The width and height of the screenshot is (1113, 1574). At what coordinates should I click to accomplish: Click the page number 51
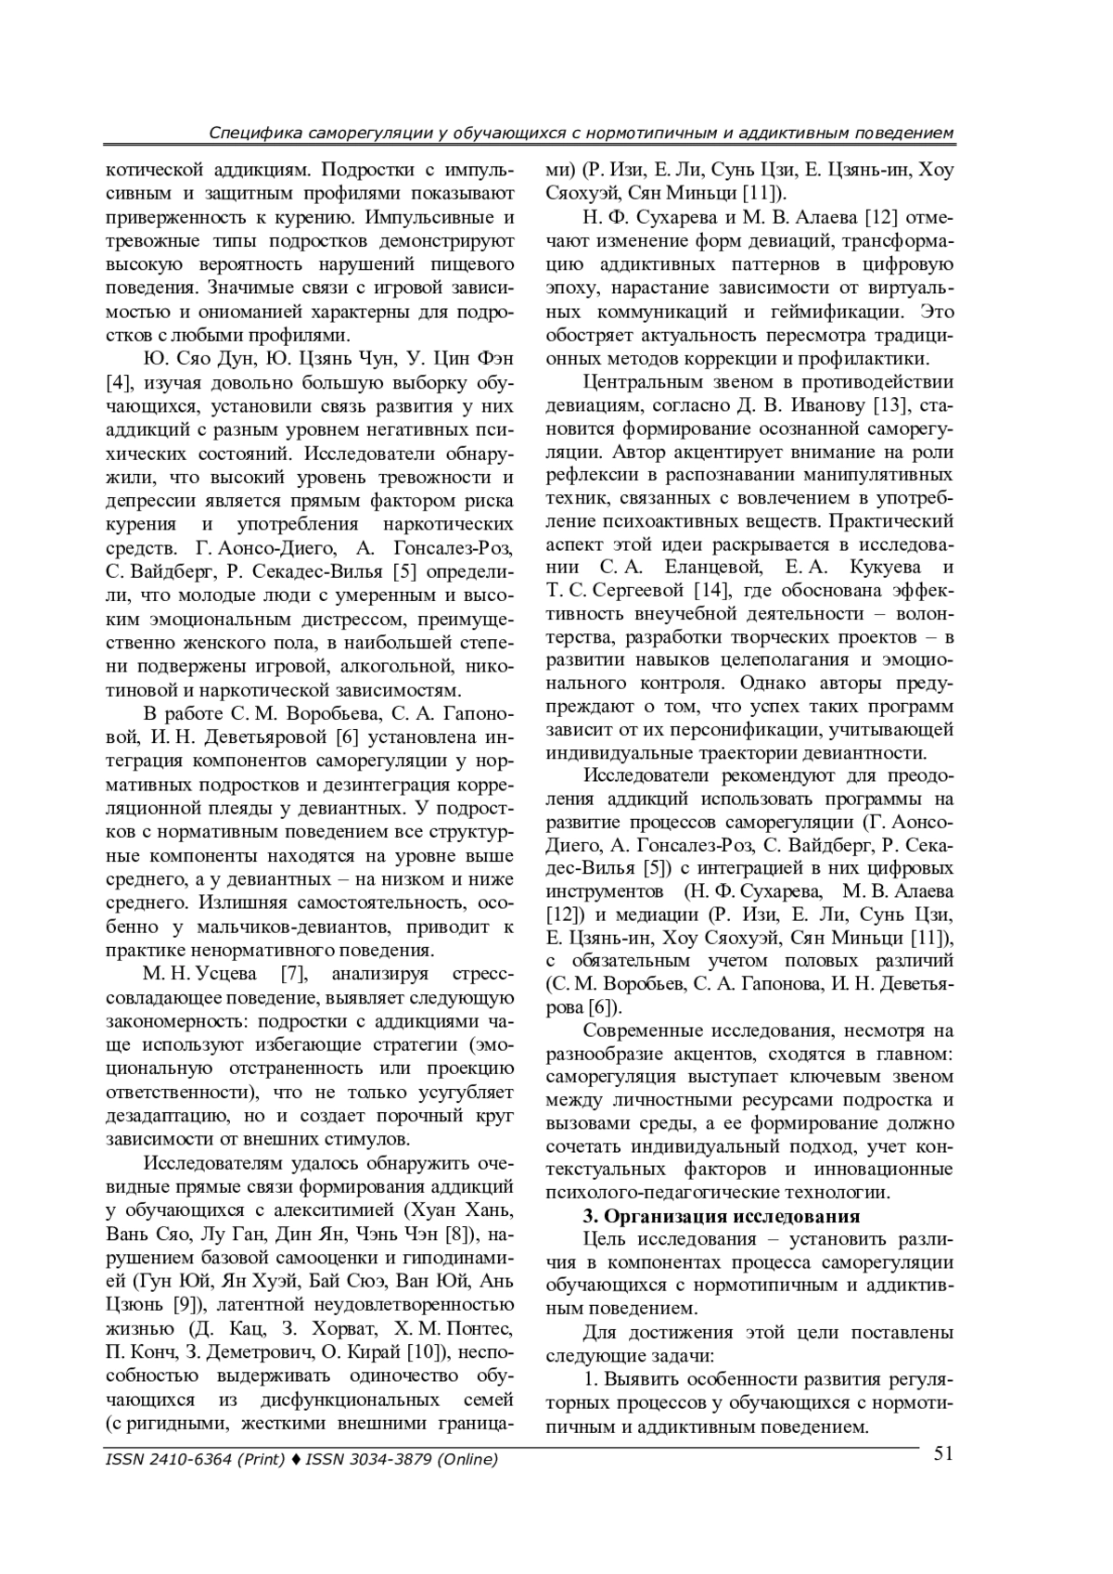tap(943, 1453)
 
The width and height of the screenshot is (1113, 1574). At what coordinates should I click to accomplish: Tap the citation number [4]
tap(119, 383)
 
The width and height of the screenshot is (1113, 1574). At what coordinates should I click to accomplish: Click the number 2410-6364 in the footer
tap(186, 1461)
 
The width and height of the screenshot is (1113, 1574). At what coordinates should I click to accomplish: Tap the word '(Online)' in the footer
tap(467, 1461)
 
